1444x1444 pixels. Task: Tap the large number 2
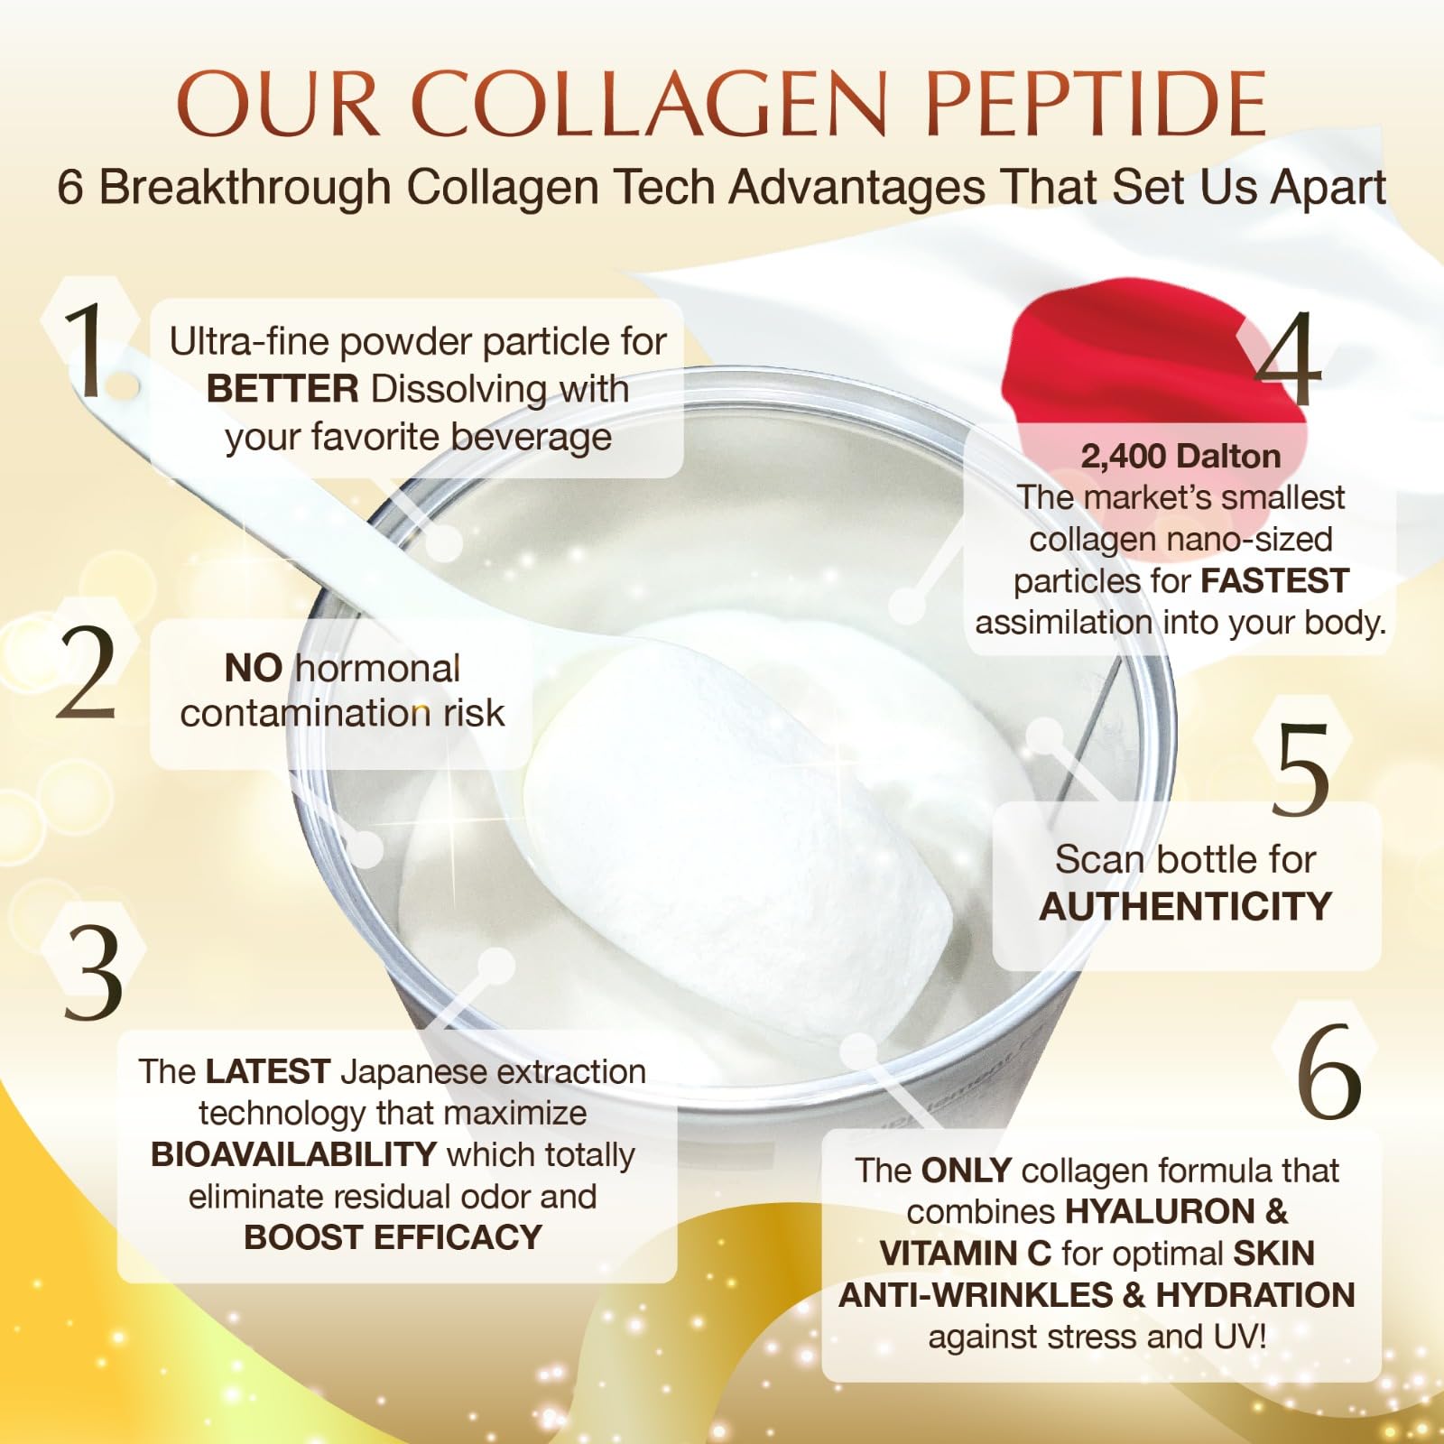click(87, 672)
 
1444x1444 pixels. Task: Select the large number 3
click(93, 973)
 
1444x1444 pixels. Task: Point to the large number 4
click(1288, 358)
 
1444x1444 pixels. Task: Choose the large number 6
click(1328, 1071)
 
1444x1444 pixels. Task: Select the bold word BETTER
click(282, 389)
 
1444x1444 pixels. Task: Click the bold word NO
click(254, 669)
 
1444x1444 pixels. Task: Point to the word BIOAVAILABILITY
click(293, 1154)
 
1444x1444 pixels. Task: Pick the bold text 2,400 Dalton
click(1180, 457)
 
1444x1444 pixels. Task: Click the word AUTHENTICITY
click(1186, 906)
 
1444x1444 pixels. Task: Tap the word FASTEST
click(1275, 580)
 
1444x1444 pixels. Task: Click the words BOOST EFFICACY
click(393, 1237)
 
